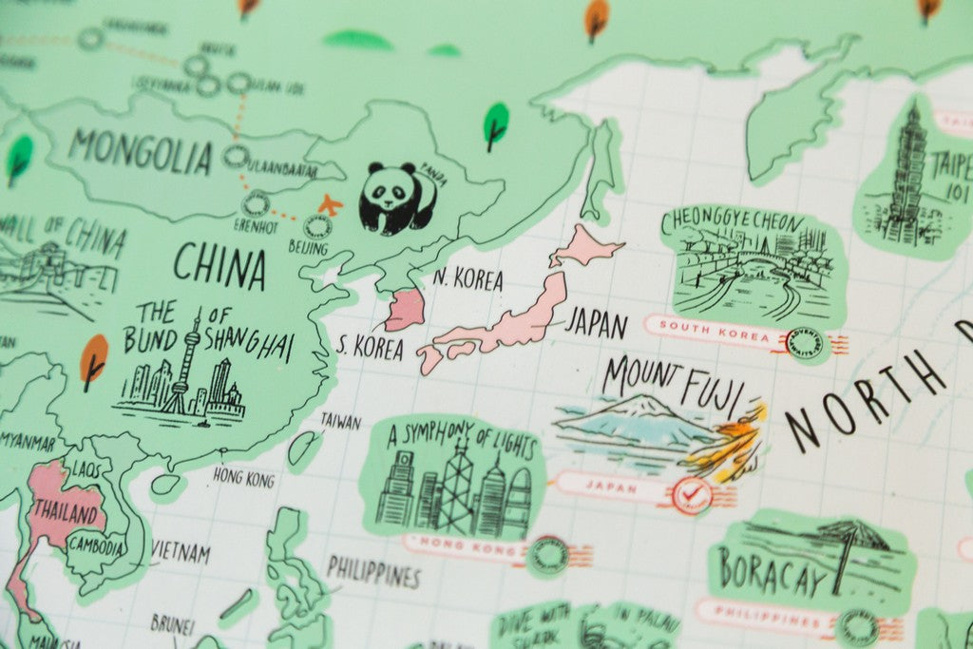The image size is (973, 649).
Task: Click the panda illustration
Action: coord(396,198)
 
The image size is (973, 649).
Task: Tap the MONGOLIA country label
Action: coord(140,152)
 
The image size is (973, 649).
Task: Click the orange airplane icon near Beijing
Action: coord(329,203)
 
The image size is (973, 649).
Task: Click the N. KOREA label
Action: coord(467,279)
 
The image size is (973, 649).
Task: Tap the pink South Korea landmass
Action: coord(405,309)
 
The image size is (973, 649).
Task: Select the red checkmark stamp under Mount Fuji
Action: coord(690,494)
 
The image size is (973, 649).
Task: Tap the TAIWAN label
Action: coord(340,420)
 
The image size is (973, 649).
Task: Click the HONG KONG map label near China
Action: coord(244,476)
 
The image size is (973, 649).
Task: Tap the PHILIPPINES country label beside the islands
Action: coord(373,573)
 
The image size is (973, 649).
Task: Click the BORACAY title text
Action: coord(770,573)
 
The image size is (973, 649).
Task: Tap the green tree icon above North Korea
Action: coord(495,124)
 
